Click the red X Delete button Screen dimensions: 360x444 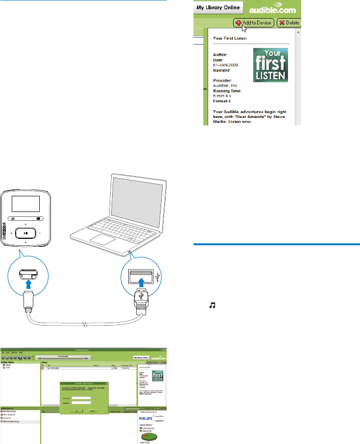click(x=289, y=23)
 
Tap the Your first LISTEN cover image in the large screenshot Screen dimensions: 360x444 click(x=270, y=64)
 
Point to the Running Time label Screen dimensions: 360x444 click(x=228, y=91)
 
